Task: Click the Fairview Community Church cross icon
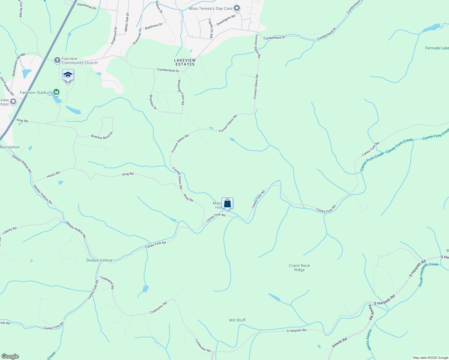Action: [57, 60]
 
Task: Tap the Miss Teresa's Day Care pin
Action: [237, 8]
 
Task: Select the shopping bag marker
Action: [227, 203]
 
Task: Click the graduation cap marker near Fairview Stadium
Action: [68, 75]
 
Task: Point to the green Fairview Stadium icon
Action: [56, 92]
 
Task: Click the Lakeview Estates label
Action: [185, 62]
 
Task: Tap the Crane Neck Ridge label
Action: [299, 268]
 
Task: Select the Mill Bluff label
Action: [237, 320]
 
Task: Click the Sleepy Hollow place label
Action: [99, 260]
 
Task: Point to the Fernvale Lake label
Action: [437, 48]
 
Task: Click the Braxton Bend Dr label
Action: [102, 136]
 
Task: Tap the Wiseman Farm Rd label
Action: [181, 92]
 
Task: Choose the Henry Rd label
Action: [53, 175]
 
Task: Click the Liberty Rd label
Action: [10, 231]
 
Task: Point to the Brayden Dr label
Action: [153, 102]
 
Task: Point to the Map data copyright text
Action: [430, 358]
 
